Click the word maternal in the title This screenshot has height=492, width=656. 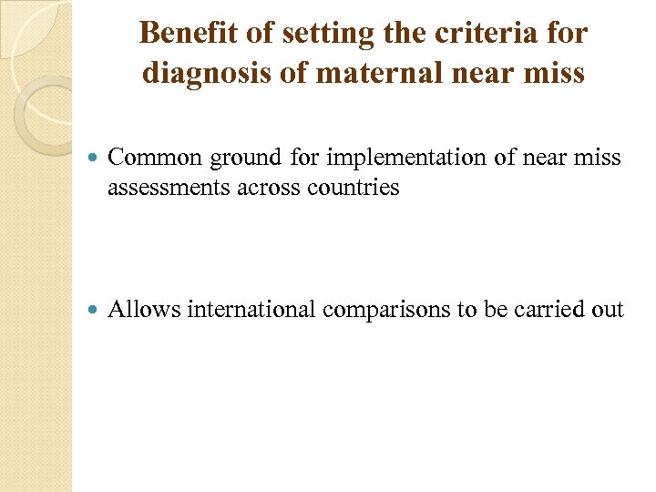click(x=354, y=72)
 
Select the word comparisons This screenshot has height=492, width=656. click(x=388, y=311)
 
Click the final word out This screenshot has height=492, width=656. click(x=608, y=310)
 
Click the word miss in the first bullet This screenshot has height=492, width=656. click(x=598, y=158)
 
